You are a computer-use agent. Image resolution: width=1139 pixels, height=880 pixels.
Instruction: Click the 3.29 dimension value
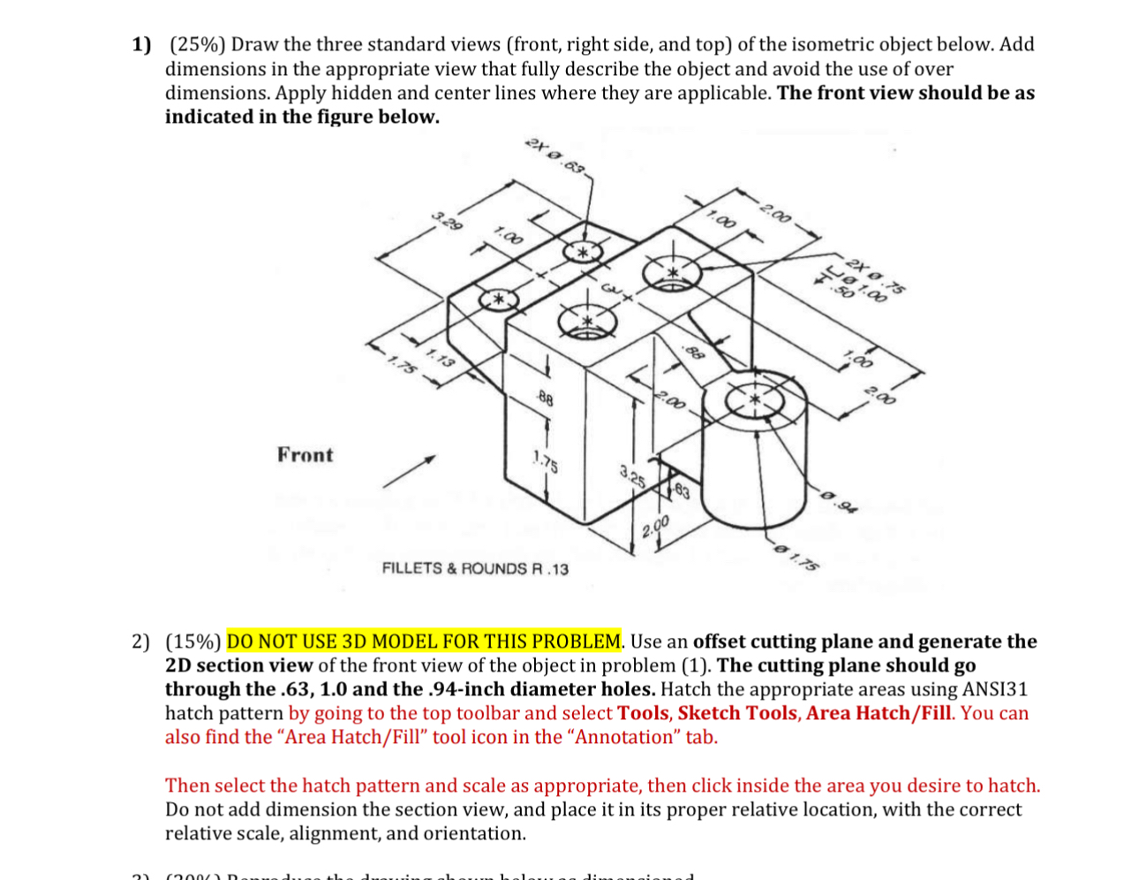tap(447, 221)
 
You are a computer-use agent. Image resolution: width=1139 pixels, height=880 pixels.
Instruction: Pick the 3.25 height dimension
tap(631, 477)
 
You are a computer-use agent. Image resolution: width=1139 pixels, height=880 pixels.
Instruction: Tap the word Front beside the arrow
tap(305, 455)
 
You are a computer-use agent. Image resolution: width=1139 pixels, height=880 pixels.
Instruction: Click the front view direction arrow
tap(409, 472)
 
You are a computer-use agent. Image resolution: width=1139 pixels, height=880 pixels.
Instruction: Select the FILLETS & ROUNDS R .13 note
tap(475, 568)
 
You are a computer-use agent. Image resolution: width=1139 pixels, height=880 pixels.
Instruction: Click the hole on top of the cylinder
tap(754, 400)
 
